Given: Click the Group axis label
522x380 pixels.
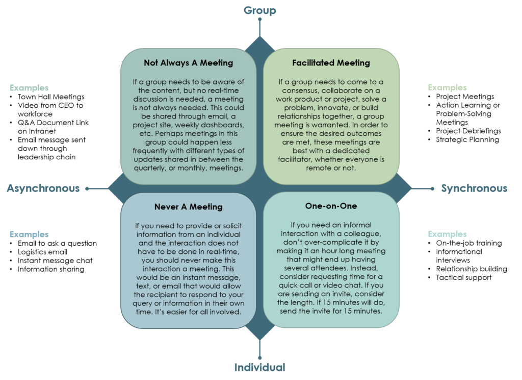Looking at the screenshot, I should click(x=259, y=10).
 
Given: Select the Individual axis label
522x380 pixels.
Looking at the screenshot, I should click(x=259, y=367).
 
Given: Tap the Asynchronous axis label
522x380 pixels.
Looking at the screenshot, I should click(x=43, y=188).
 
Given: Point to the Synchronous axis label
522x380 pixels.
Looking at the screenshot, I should click(x=474, y=188).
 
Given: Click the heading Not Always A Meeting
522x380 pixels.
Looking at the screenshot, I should click(x=188, y=63).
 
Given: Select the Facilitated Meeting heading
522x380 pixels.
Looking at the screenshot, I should click(x=331, y=63).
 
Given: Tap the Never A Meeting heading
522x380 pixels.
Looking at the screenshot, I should click(x=188, y=207).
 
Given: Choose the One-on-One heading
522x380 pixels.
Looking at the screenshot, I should click(x=331, y=206).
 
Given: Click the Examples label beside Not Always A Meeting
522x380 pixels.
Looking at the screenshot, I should click(x=29, y=88).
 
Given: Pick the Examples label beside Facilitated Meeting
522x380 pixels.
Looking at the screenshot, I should click(x=447, y=88).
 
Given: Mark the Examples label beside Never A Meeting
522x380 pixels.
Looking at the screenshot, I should click(x=29, y=234).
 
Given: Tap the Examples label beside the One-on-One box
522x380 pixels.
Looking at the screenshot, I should click(x=447, y=234).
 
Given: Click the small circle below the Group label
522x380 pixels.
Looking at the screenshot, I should click(x=259, y=20).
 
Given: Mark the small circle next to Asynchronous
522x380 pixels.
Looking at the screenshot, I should click(x=87, y=188).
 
